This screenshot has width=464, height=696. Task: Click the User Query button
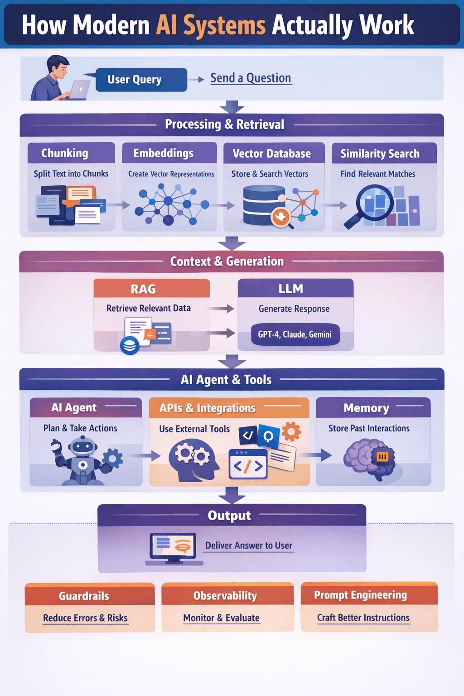coord(141,80)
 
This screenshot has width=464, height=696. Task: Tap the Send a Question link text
coord(250,78)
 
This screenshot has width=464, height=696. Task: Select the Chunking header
coord(65,153)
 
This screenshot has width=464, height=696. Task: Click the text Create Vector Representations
coord(171,174)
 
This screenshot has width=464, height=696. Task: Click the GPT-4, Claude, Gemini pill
coord(295,334)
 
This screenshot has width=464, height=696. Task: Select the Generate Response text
coord(294,309)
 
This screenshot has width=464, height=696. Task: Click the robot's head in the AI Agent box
coord(83,447)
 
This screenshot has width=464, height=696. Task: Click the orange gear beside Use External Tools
coord(291,431)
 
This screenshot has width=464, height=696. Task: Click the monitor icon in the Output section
coord(174,547)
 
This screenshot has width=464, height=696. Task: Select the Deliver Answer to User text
coord(248,546)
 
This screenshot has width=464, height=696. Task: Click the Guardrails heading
coord(84,596)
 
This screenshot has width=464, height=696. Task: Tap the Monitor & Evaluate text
coord(221,618)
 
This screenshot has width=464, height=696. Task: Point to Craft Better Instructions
coord(363,618)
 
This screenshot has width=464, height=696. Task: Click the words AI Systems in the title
coord(211,25)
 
